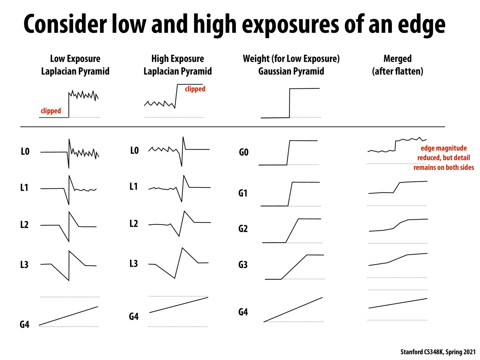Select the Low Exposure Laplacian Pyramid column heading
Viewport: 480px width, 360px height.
point(75,65)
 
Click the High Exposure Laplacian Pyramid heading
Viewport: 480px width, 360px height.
point(178,65)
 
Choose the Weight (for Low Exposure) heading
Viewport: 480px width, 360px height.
point(291,59)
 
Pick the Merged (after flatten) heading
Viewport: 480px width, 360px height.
point(397,65)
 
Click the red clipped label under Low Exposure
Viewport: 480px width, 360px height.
point(51,111)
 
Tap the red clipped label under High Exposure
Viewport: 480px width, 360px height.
point(195,89)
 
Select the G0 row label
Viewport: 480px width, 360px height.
point(244,152)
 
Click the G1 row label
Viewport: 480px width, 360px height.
point(243,193)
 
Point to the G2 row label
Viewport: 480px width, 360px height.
point(243,229)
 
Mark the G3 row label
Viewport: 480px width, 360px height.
point(243,265)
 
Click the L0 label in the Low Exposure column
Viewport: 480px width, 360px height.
point(25,151)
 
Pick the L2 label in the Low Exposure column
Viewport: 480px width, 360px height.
point(24,225)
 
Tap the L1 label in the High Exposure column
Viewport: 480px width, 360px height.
point(133,187)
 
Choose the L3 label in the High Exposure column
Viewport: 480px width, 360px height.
point(133,264)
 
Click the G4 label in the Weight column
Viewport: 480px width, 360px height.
point(243,312)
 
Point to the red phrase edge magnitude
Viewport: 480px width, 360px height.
point(444,148)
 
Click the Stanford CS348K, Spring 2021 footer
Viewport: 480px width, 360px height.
point(438,352)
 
